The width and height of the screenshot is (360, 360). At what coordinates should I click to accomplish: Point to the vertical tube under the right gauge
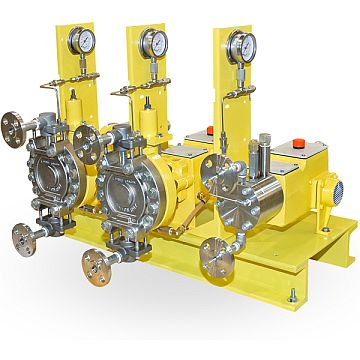(x=241, y=110)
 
